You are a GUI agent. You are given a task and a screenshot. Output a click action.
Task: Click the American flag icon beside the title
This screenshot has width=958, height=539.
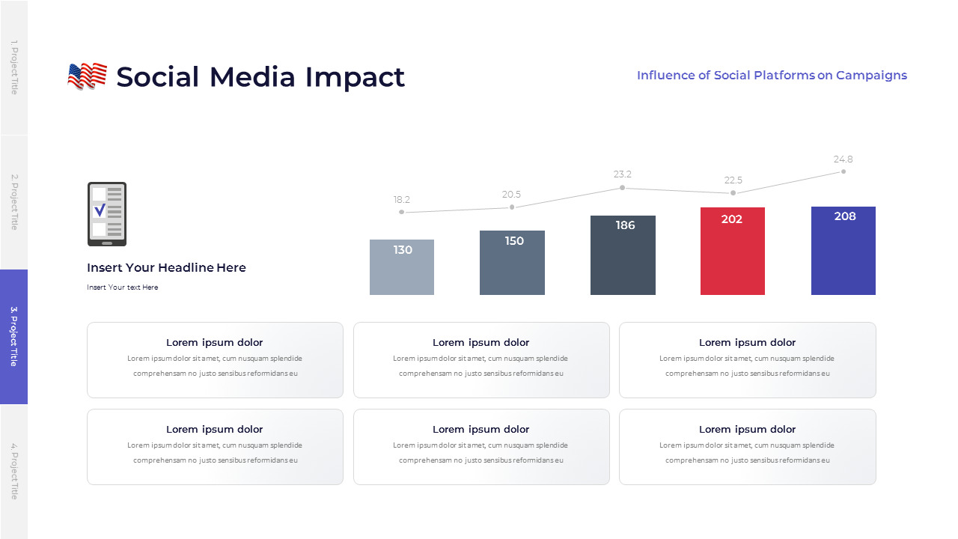coord(87,76)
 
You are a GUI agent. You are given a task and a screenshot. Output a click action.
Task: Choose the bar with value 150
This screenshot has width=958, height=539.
coord(512,263)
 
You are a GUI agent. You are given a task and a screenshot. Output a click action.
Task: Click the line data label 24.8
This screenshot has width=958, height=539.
coord(843,159)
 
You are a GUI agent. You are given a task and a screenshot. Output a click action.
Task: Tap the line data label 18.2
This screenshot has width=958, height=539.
coord(402,200)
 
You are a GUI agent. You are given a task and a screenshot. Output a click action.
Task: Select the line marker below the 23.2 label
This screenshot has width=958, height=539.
coord(623,188)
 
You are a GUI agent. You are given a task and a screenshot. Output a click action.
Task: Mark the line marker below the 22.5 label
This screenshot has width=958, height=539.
coord(733,193)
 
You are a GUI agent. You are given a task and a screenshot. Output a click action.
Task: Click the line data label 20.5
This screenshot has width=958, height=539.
coord(512,195)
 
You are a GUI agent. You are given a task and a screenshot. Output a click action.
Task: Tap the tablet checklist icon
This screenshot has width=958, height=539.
coord(107,214)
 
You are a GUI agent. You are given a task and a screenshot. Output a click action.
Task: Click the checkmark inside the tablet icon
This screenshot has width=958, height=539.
coord(100,211)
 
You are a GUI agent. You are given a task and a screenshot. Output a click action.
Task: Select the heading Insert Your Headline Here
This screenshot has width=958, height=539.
coord(166,268)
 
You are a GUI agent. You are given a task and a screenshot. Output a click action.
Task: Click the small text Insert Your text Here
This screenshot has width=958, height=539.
coord(122,287)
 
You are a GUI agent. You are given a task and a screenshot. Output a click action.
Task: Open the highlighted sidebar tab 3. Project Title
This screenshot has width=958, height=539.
coord(13,337)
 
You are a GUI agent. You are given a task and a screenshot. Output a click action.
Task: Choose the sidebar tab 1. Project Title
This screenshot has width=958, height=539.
coord(13,67)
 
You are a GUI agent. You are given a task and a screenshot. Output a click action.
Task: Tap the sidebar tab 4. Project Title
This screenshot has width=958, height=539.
coord(13,472)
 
